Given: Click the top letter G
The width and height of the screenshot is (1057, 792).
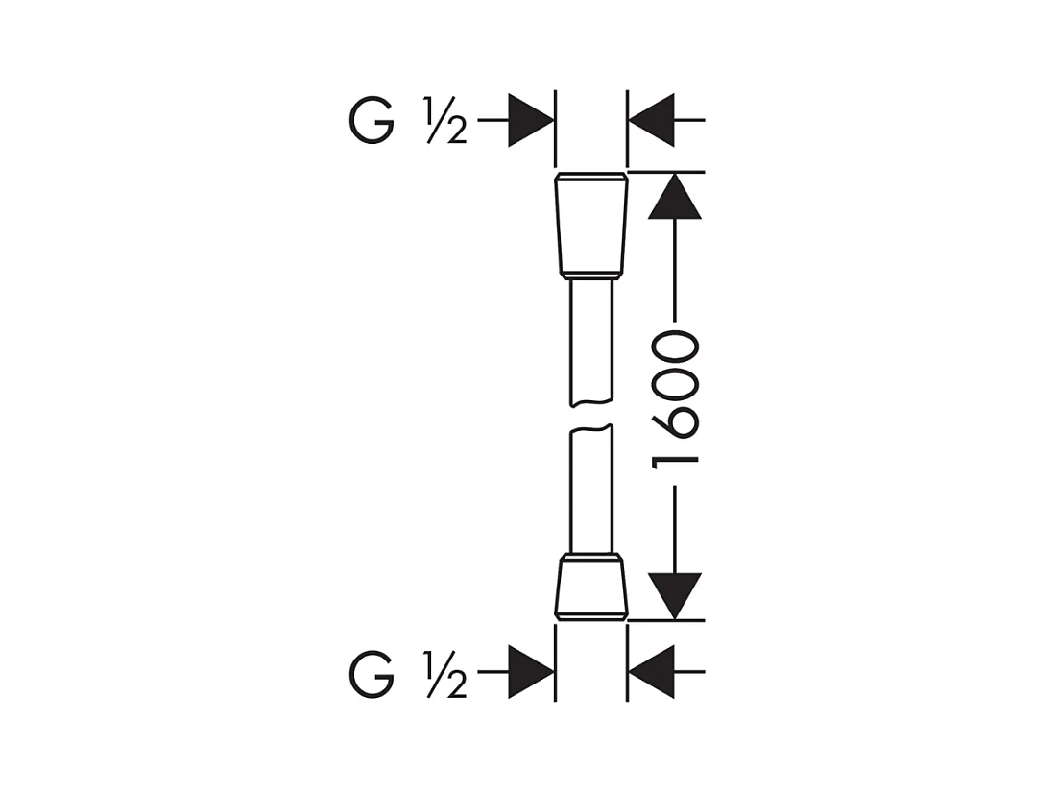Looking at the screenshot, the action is click(x=372, y=121).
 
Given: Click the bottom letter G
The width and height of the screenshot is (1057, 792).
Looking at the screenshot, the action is click(x=372, y=673).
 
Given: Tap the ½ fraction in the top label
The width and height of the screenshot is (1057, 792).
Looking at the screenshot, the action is click(x=445, y=121).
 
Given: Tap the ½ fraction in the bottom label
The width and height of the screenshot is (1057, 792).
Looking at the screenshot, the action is click(x=445, y=674).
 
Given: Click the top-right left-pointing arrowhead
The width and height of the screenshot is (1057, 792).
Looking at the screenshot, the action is click(x=651, y=120).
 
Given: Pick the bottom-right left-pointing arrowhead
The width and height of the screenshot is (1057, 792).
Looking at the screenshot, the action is click(x=651, y=672).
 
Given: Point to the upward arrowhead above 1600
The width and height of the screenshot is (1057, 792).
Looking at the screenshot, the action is click(x=675, y=196).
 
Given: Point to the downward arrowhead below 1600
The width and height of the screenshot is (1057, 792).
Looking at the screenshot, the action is click(x=675, y=596).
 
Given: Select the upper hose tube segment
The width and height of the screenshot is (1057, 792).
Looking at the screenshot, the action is click(x=592, y=343).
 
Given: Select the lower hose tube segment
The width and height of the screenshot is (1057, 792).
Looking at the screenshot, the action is click(x=592, y=489).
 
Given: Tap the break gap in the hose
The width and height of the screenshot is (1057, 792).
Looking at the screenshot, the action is click(x=592, y=416).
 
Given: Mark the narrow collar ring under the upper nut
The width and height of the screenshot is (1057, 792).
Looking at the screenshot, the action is click(x=591, y=276).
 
